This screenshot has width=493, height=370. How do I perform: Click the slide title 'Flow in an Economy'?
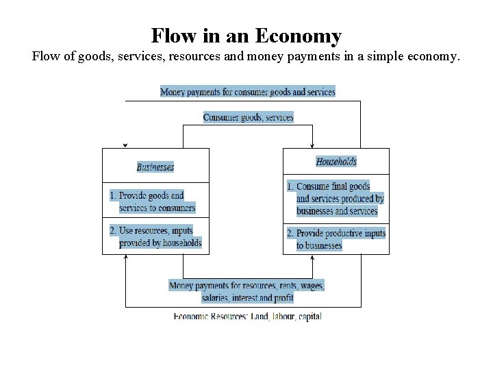pos(246,35)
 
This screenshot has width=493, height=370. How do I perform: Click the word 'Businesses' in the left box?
pos(155,166)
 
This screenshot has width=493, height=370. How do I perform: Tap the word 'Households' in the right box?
pos(336,162)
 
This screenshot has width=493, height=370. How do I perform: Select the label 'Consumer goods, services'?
pos(248,117)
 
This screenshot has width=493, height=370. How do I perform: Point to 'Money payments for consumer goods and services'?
pos(248,92)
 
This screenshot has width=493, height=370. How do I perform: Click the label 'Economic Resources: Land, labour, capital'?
pos(247,316)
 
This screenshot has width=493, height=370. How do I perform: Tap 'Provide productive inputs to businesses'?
pos(336,239)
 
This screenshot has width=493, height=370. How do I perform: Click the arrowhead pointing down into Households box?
pos(312,145)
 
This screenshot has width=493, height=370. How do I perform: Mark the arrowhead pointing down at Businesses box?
pos(125,145)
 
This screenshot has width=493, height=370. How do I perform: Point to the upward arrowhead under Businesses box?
pos(126,258)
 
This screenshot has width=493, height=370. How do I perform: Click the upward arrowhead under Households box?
pos(312,258)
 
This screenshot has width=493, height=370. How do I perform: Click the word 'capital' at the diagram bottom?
pos(307,316)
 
